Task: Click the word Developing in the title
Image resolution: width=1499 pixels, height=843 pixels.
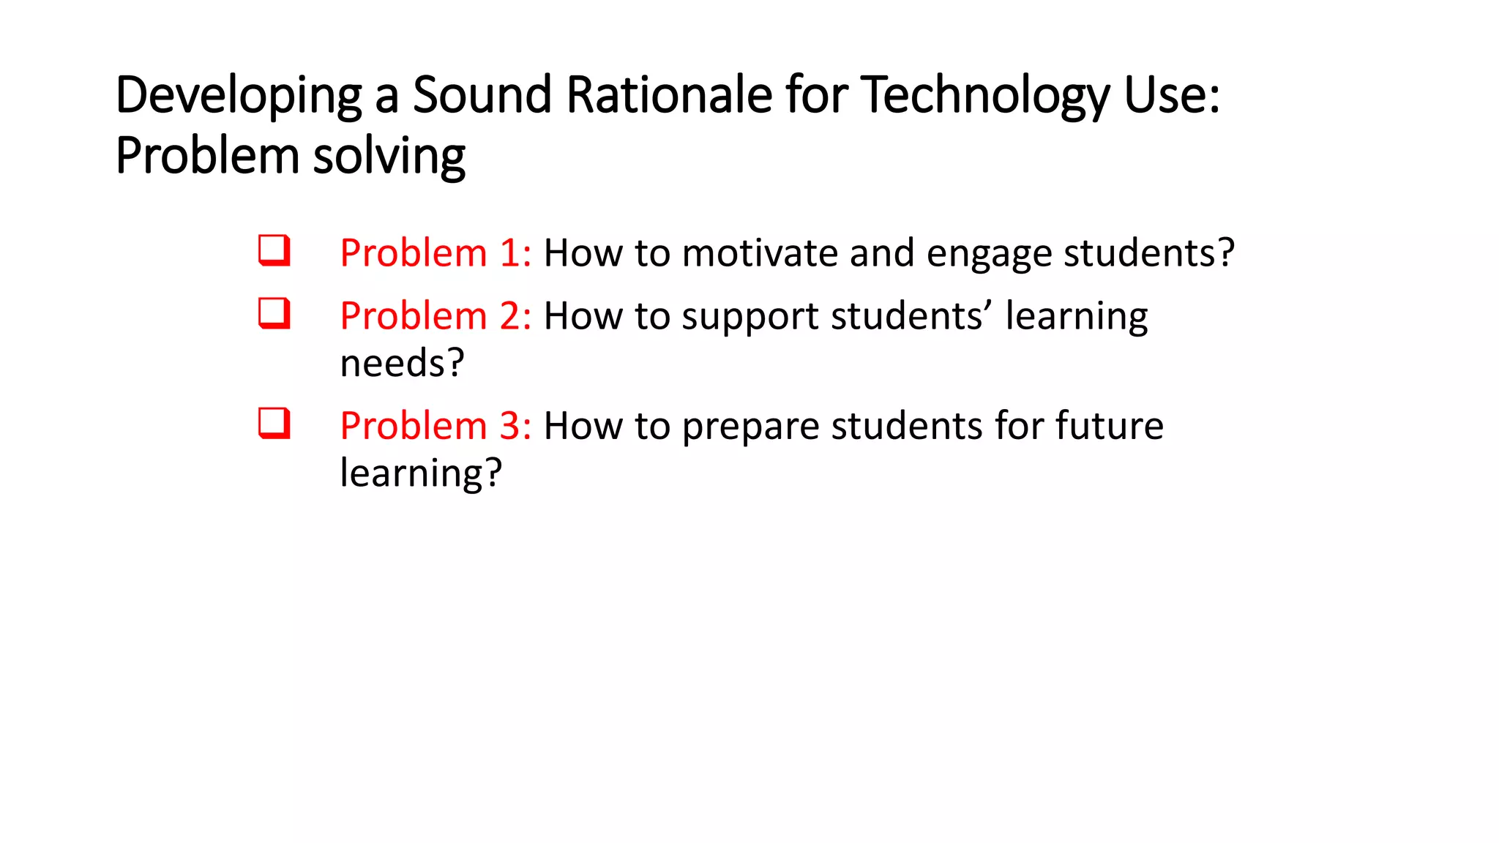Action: point(239,96)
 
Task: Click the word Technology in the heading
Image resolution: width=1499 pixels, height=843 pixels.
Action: point(985,96)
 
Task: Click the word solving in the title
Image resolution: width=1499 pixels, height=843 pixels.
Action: point(389,157)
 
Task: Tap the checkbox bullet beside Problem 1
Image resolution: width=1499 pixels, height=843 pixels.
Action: point(274,250)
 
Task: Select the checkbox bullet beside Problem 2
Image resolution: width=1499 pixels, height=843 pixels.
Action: point(274,313)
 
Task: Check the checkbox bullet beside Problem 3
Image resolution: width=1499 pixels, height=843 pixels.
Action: point(274,423)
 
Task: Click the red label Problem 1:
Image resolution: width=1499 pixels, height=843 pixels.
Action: point(436,253)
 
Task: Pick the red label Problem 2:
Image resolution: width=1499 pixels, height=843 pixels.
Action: point(436,316)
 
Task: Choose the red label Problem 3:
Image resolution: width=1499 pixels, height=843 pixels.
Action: point(436,426)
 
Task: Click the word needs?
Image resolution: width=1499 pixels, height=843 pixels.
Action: point(402,363)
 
